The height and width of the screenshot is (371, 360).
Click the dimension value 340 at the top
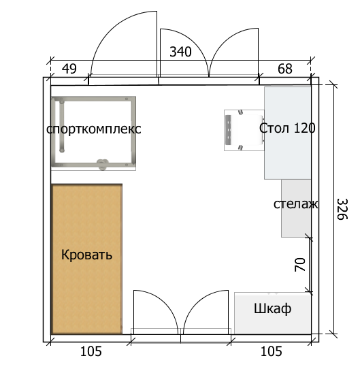(180, 52)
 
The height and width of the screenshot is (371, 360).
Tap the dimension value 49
(69, 69)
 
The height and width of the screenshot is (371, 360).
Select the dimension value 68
(285, 69)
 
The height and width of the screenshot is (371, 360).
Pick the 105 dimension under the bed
(91, 352)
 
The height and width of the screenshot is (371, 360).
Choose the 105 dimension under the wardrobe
(271, 352)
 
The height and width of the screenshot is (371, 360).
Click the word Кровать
(86, 255)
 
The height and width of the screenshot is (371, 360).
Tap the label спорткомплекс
(94, 129)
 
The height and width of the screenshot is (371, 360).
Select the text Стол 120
(287, 127)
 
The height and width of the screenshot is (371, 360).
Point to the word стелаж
(296, 204)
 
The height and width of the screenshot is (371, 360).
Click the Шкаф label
(272, 309)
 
